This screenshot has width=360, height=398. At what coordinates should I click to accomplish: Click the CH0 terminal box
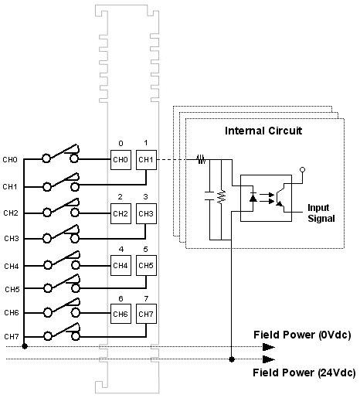click(x=121, y=160)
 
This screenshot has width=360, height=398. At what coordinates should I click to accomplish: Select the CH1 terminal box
click(x=146, y=160)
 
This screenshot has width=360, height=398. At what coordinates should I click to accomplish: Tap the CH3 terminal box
click(x=146, y=213)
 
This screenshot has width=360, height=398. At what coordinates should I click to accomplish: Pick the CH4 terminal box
click(x=121, y=265)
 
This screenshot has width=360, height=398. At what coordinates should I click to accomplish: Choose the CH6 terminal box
click(x=121, y=314)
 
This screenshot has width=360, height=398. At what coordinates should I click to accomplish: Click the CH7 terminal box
click(x=146, y=314)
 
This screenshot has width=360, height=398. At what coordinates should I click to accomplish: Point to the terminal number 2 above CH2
click(x=121, y=197)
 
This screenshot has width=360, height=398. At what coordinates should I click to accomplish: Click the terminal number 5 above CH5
click(x=145, y=250)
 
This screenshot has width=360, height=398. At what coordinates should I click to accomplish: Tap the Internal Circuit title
click(x=263, y=131)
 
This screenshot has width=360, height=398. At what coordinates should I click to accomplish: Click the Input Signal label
click(x=321, y=213)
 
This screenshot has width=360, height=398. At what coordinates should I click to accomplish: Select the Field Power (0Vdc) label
click(x=302, y=335)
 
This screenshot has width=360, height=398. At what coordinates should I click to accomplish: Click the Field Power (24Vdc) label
click(x=304, y=372)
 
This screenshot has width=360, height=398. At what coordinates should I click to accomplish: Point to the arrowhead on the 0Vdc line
click(x=269, y=347)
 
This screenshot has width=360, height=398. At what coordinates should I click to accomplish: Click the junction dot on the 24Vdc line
click(x=232, y=359)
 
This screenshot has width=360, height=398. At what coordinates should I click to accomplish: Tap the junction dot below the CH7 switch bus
click(x=25, y=346)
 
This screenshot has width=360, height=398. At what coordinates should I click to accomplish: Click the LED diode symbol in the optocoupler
click(x=253, y=198)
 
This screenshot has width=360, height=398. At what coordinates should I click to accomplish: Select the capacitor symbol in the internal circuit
click(x=209, y=196)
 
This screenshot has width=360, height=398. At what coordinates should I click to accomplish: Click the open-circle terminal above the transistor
click(x=303, y=170)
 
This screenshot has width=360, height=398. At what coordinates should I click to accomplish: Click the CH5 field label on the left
click(x=12, y=290)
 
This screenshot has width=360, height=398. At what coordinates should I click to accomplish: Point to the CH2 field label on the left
click(x=11, y=213)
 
